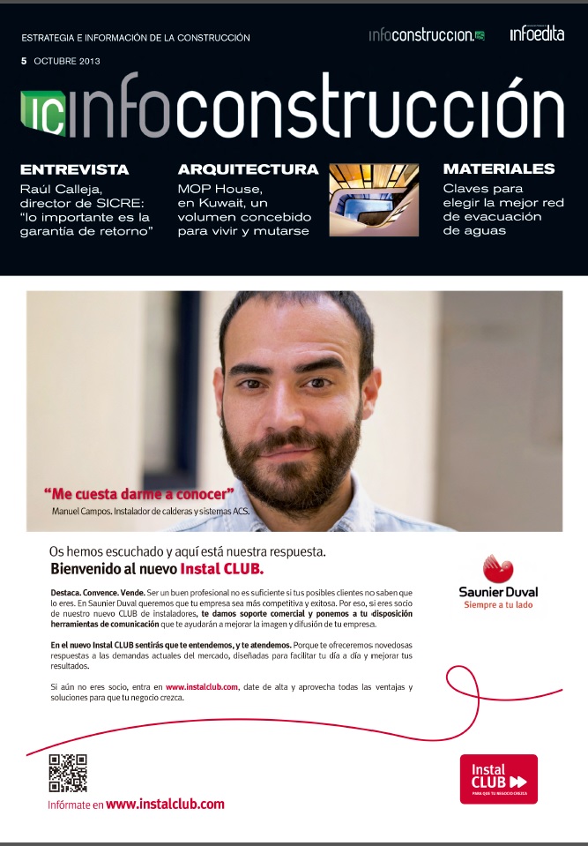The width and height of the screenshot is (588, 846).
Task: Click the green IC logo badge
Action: (41, 113)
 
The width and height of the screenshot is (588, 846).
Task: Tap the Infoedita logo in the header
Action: (536, 34)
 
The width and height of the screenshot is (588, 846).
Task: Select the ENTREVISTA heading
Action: (74, 169)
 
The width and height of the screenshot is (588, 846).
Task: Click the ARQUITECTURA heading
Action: (248, 169)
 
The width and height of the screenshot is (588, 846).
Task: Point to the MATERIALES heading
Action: (499, 168)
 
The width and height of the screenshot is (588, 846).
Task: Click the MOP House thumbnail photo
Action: (374, 200)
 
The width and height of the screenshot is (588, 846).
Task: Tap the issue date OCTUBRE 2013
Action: (67, 61)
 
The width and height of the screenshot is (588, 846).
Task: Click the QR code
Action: (68, 773)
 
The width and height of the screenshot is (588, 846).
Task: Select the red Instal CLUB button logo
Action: (498, 778)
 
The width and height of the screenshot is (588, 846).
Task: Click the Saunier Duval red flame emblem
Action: (498, 569)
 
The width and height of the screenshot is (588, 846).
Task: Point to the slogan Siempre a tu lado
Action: (498, 605)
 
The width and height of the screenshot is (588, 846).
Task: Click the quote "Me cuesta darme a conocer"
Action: (139, 494)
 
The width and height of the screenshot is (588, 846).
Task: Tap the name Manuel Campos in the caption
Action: (81, 511)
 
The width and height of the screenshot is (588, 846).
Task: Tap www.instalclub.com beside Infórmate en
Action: (165, 804)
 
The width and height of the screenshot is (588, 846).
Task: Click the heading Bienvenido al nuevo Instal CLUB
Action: (157, 569)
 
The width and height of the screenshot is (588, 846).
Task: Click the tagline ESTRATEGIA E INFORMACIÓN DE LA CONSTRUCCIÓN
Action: (135, 38)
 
